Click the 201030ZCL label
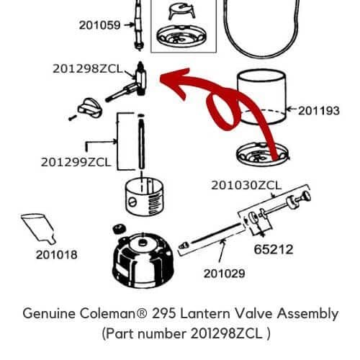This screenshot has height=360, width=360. (x=246, y=185)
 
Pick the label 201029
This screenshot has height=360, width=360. (x=224, y=273)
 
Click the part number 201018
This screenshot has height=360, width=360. (x=58, y=254)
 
